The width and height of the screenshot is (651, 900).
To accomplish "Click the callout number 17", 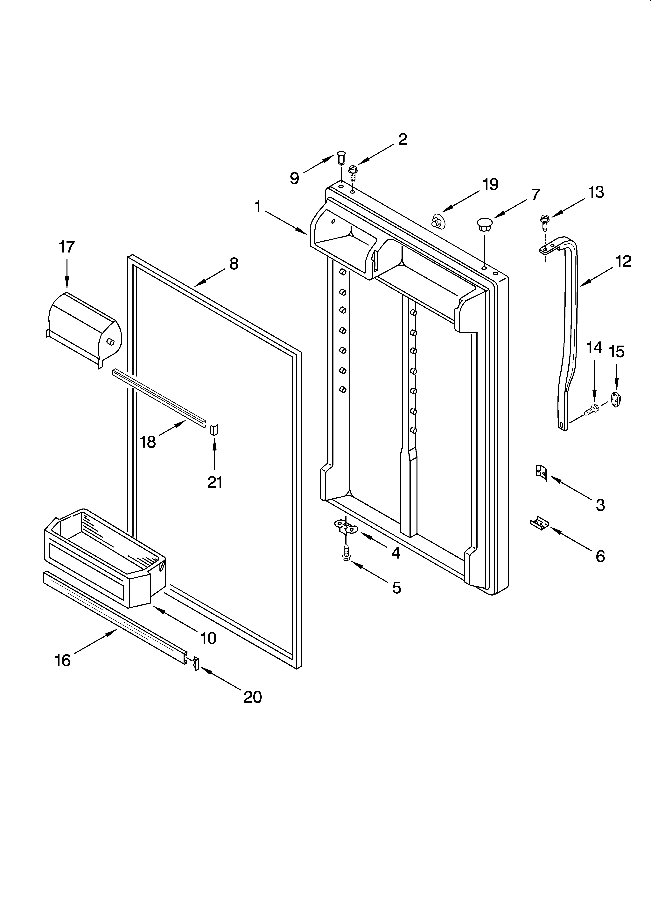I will click(x=67, y=247).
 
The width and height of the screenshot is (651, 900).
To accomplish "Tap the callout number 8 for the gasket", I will click(x=234, y=264).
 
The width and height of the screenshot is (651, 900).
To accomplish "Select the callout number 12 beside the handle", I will click(x=623, y=261).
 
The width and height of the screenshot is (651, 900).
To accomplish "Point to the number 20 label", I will click(x=253, y=697).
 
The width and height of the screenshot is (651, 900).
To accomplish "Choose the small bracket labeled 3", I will click(x=541, y=473).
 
